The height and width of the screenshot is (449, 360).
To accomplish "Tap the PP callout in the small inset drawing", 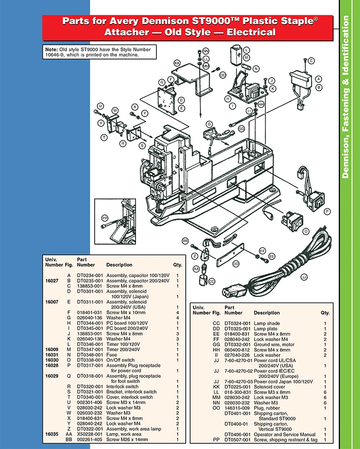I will pyautogui.click(x=105, y=218).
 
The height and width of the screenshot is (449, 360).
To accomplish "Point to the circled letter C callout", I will pyautogui.click(x=311, y=60).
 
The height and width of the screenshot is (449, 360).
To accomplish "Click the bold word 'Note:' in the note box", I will pyautogui.click(x=51, y=50).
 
